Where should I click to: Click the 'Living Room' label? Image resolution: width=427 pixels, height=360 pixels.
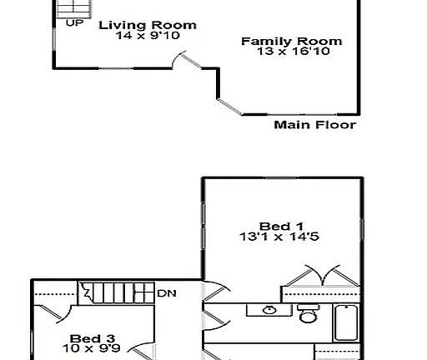(x=148, y=25)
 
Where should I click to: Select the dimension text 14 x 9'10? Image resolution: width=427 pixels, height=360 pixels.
(x=148, y=36)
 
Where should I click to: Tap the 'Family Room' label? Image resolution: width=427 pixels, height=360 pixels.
(x=291, y=41)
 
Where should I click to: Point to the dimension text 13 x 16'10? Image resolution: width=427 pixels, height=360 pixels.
(x=291, y=52)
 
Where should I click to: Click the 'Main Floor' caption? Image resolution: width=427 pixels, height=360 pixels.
(x=315, y=125)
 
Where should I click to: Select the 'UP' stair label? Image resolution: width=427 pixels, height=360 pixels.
(x=74, y=22)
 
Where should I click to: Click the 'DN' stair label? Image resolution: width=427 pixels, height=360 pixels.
(x=167, y=293)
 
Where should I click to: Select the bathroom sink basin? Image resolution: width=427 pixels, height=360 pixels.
(x=269, y=311)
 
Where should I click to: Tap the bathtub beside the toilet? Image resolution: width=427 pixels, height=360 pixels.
(x=345, y=323)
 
